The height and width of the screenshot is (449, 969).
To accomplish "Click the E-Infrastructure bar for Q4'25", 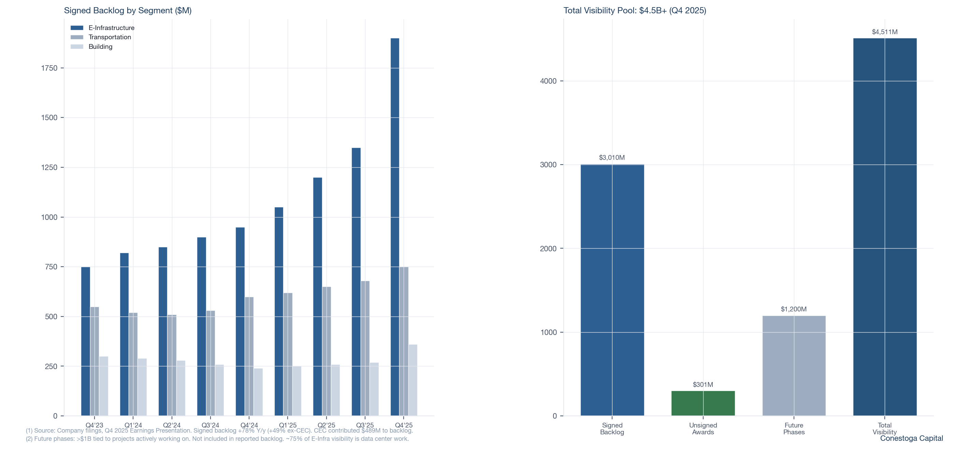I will tap(395, 226).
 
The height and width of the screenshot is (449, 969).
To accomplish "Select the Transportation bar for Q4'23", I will tap(95, 361).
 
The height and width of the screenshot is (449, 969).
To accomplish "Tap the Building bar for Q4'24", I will tap(258, 392).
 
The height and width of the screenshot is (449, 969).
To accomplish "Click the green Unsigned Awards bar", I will tap(703, 403).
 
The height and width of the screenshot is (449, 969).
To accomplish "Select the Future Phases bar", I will tap(794, 365).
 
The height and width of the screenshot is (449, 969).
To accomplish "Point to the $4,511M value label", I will tap(884, 32).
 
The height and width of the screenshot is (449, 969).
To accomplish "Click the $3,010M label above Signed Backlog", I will tap(612, 157).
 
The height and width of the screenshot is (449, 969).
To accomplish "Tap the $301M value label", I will tap(703, 384).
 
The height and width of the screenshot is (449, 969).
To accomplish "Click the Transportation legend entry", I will tap(110, 37).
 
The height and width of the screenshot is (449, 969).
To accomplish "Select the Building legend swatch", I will tap(77, 47).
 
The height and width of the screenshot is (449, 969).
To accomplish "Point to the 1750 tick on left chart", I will tap(49, 68).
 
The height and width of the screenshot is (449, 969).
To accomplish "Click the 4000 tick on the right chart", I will tap(548, 81).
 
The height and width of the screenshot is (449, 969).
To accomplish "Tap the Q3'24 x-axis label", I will tap(210, 425).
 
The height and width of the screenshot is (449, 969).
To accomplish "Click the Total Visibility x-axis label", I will tap(884, 428).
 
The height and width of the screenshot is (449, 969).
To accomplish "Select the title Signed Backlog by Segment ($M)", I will tap(128, 11).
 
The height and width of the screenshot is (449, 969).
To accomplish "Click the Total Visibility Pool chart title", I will tap(634, 11).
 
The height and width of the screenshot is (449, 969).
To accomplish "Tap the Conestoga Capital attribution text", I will tap(911, 438).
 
